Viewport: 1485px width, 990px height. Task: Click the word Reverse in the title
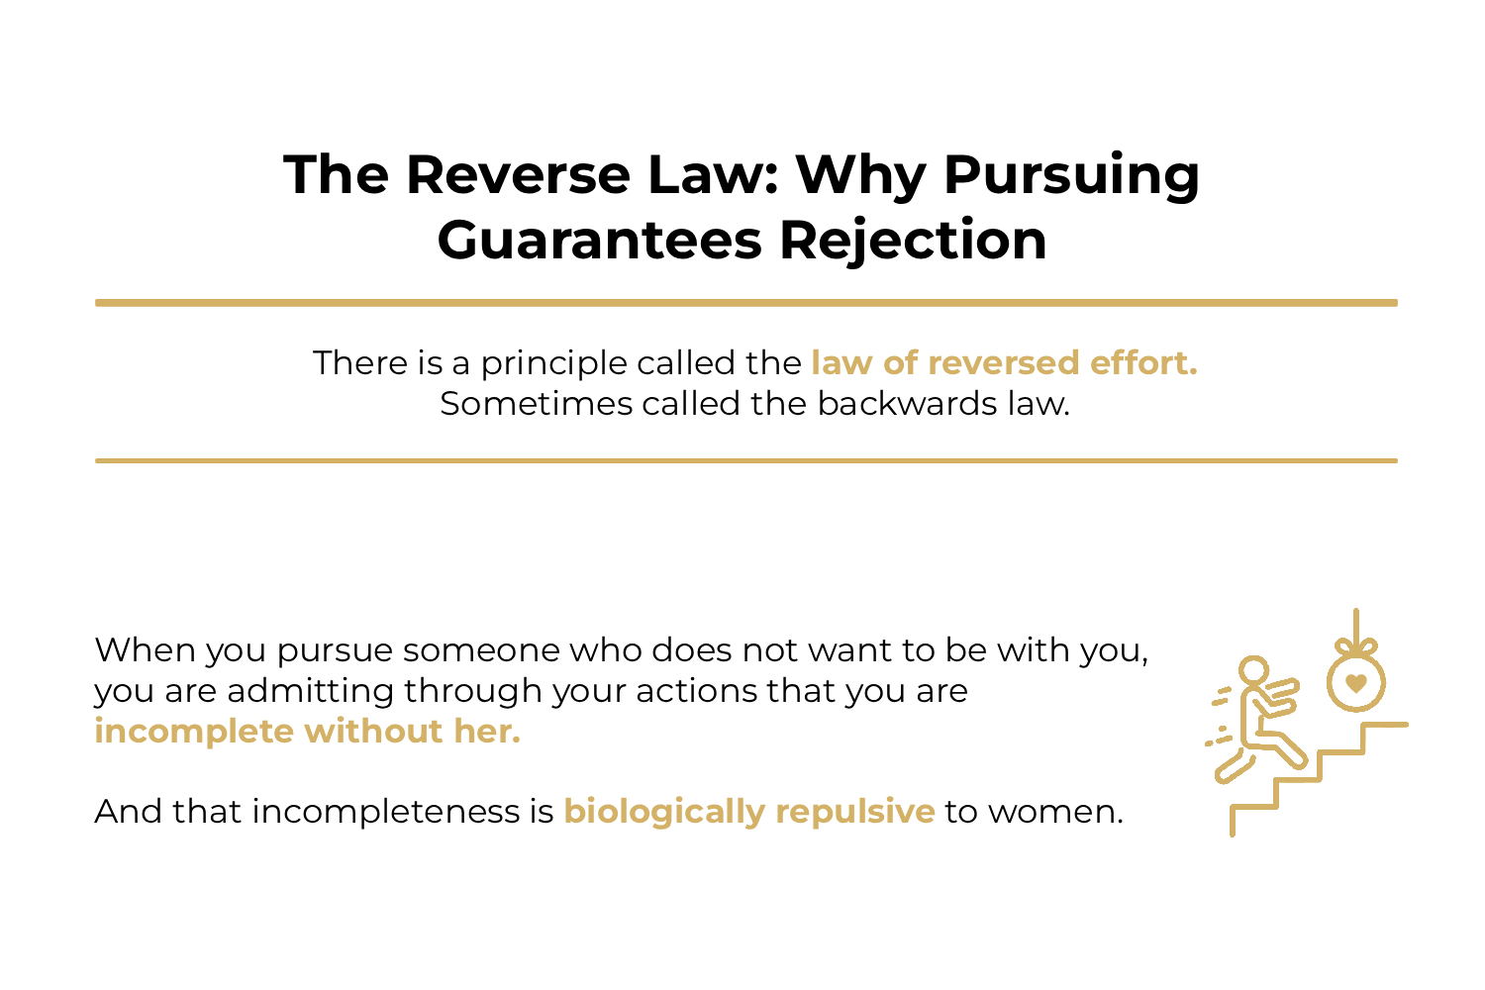click(519, 175)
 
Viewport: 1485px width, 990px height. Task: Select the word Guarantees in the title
click(600, 241)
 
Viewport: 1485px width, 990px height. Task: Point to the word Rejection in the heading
click(913, 241)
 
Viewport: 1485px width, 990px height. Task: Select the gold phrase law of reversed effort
click(1004, 363)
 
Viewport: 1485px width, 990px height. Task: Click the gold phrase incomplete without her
click(307, 732)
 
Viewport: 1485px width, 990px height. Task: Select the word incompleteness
click(385, 812)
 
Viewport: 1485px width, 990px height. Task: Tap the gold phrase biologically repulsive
click(748, 812)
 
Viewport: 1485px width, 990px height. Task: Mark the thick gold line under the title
click(745, 303)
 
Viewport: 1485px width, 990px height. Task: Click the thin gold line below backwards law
click(745, 460)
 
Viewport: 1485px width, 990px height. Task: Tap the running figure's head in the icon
click(1253, 670)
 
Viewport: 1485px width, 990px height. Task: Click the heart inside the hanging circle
click(1356, 682)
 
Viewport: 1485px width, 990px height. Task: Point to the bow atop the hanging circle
click(1356, 647)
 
